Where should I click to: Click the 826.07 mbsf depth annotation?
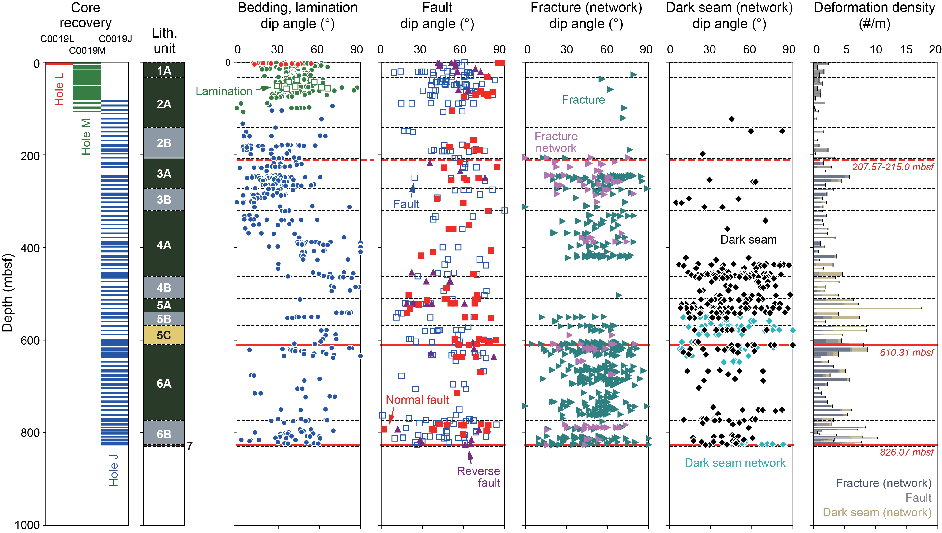coord(907,452)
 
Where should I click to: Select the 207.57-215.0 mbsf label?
coord(893,167)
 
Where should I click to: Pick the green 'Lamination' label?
coord(224,91)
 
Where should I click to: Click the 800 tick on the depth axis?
coord(31,433)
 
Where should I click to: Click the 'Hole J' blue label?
coord(114,470)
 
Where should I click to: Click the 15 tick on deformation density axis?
coord(906,49)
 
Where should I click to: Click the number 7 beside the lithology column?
coord(189,446)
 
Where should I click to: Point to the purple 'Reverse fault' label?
coord(478,477)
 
